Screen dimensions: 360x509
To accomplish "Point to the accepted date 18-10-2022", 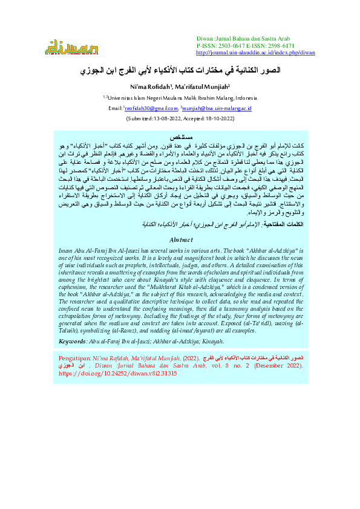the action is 219,119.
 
